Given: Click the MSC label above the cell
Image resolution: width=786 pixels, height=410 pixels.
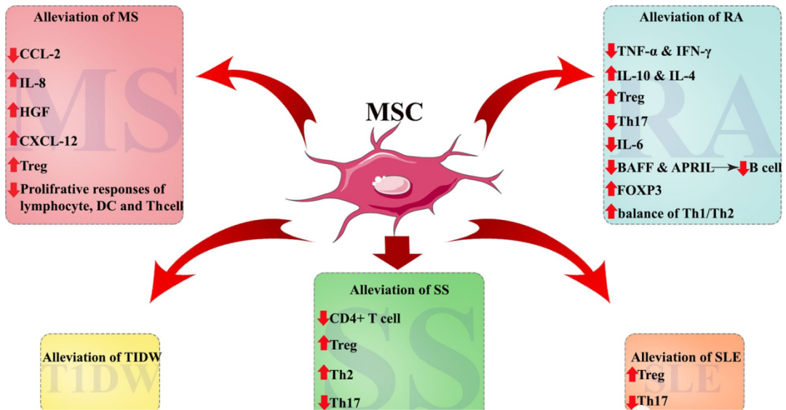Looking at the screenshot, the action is click(394, 112).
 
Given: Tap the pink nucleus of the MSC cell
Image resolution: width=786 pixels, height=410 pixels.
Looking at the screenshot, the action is click(392, 186).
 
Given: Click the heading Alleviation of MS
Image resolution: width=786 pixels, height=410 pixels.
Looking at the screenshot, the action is click(86, 17).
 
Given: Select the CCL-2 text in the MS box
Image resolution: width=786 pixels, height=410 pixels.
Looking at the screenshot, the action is click(40, 54).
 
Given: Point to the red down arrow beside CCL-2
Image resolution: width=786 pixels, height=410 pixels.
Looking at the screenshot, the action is click(14, 55).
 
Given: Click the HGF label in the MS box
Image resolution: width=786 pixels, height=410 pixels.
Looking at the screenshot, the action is click(35, 112).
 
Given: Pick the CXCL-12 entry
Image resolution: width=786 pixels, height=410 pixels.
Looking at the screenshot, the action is click(49, 141).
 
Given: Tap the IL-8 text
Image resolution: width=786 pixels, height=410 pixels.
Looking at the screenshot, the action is click(33, 83).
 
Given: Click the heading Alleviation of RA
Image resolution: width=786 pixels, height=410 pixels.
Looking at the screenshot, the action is click(691, 17).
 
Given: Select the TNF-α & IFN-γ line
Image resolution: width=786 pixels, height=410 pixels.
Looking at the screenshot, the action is click(664, 52).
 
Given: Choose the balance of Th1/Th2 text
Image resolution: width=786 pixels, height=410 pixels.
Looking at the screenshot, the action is click(675, 214).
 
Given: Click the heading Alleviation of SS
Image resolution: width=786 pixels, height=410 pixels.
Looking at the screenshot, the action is click(399, 290).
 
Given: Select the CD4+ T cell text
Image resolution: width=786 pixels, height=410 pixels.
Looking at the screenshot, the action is click(365, 319).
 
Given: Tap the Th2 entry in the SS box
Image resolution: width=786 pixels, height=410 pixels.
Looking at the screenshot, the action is click(341, 375).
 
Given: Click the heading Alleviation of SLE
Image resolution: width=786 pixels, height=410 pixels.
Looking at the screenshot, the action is click(686, 358).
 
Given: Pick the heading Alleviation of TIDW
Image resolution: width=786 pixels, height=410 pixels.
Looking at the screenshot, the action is click(102, 358).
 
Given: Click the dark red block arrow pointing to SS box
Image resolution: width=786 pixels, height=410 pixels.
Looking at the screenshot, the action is click(397, 252).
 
